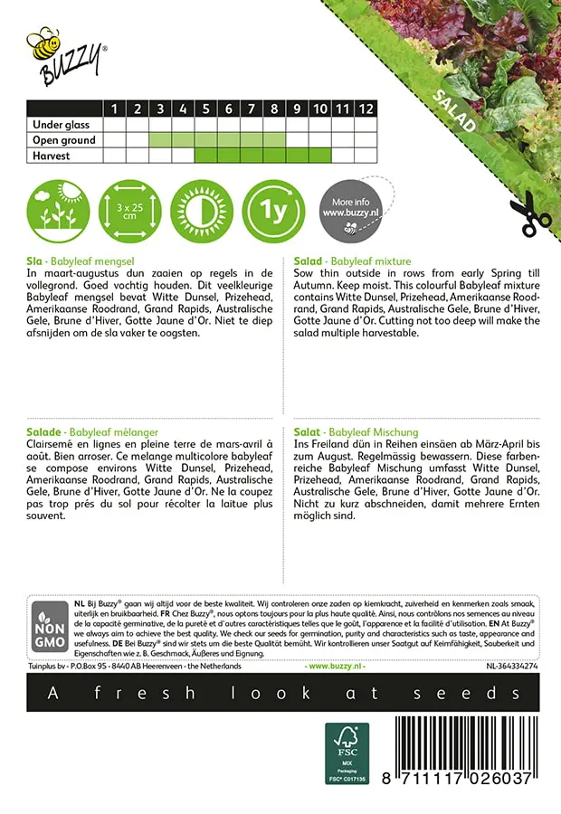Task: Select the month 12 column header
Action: [365, 109]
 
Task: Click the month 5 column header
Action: [205, 109]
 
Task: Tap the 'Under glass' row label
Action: [58, 125]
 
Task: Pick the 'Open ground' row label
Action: [63, 140]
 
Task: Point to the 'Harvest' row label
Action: [52, 156]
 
